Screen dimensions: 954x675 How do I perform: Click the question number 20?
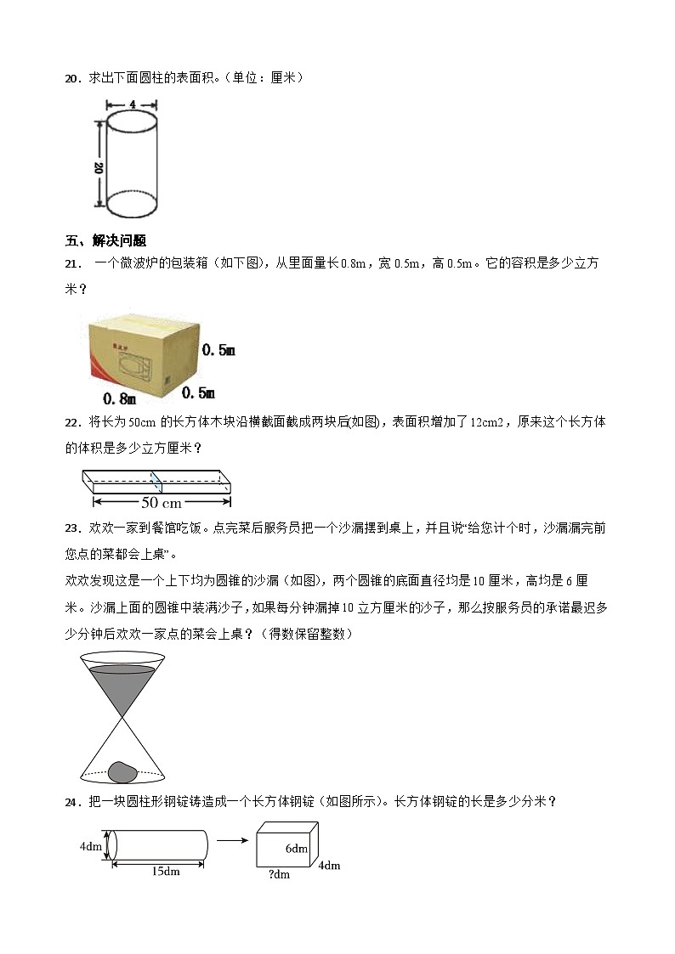click(x=71, y=78)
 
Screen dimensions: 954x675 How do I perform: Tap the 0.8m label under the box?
click(x=120, y=398)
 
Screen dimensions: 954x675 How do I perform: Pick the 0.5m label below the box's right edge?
click(x=198, y=392)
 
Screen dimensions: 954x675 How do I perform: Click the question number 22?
click(x=72, y=422)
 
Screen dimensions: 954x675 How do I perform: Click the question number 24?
click(x=72, y=801)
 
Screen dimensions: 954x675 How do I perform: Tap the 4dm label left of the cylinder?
click(x=92, y=847)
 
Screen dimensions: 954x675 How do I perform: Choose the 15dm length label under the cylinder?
click(x=159, y=871)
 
